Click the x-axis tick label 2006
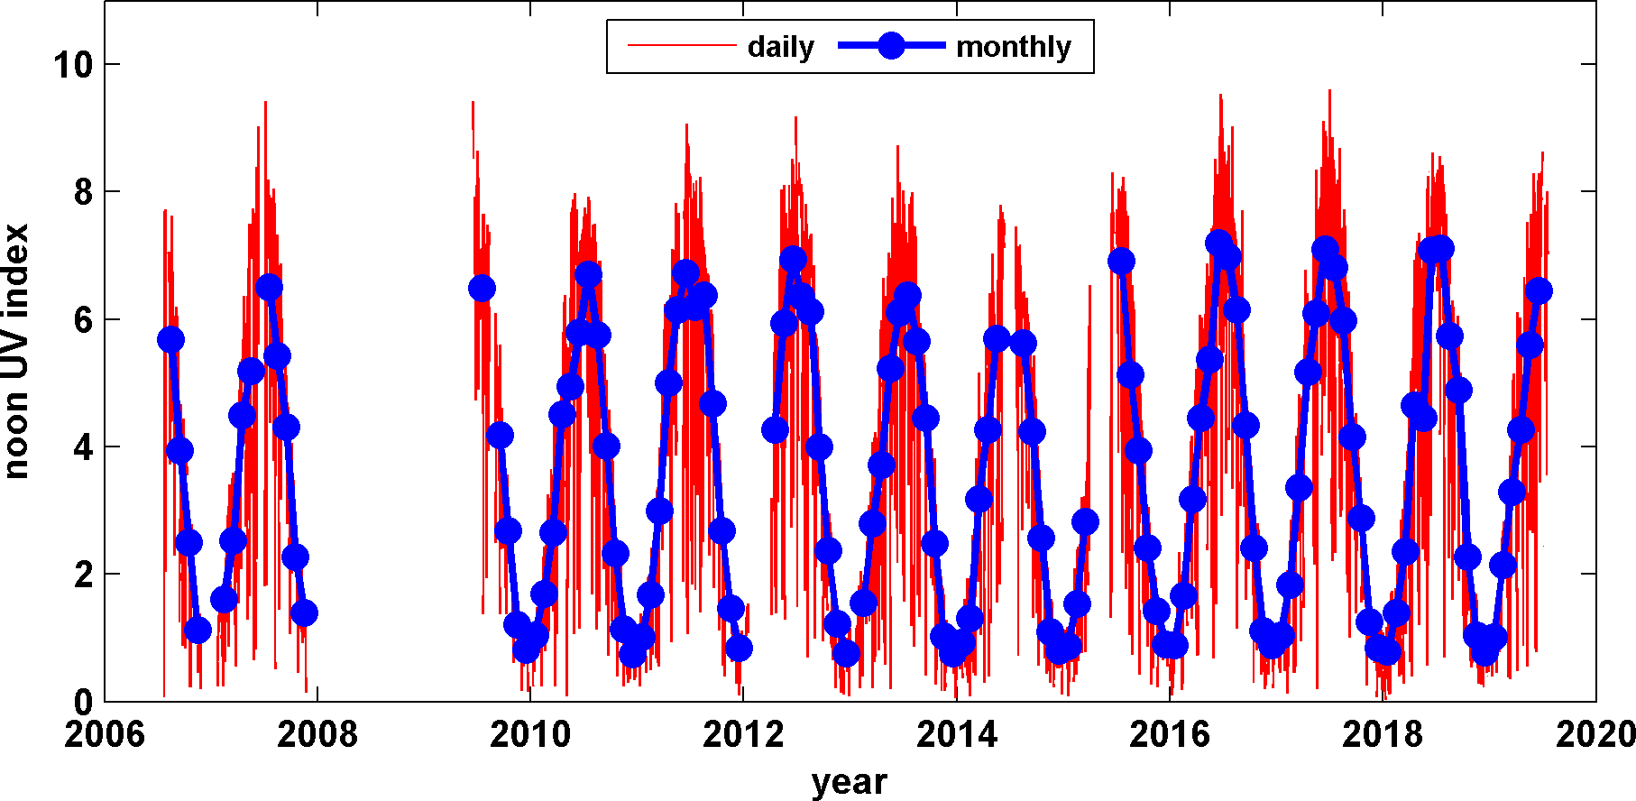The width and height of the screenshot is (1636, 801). pos(105,734)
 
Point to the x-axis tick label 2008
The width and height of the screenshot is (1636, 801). pos(317,734)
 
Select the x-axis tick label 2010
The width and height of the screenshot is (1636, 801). pos(530,734)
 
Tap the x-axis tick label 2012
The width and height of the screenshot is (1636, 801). pos(743,734)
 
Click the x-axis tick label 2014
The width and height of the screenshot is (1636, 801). pos(957,734)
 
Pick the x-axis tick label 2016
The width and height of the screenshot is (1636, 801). pos(1170,734)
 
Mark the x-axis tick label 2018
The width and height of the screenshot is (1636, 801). pos(1383,734)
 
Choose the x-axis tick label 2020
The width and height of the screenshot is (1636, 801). pos(1595,734)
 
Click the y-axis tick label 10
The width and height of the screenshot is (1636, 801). pos(73,64)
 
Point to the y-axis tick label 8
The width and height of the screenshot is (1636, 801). pos(83,192)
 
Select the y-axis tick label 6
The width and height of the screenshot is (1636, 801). pos(83,319)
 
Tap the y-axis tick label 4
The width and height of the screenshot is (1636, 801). pos(83,447)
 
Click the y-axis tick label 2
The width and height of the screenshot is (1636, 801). pos(83,575)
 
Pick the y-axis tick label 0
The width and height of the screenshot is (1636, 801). pos(83,702)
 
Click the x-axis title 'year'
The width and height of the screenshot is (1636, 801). pos(850,781)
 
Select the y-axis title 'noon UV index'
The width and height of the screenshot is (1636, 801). pos(16,351)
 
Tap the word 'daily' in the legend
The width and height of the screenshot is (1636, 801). pos(780,47)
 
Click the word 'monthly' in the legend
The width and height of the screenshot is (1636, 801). pos(1014,47)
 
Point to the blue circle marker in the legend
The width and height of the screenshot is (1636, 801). pos(891,46)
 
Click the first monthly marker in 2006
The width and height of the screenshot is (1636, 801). pos(170,339)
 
